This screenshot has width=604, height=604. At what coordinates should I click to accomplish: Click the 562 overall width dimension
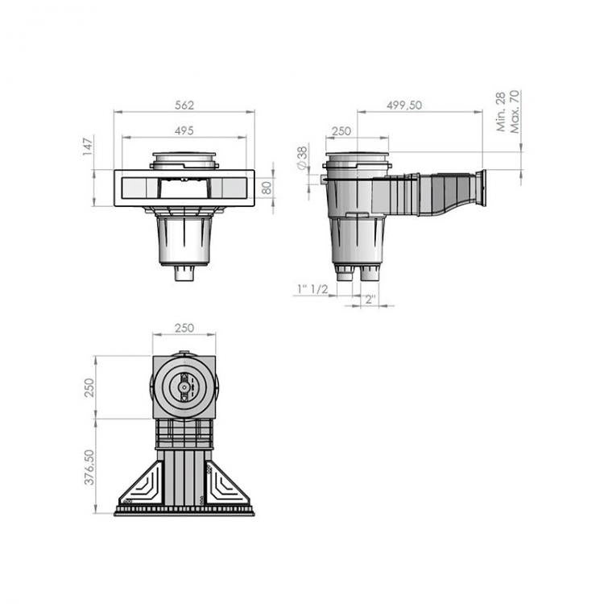(184, 105)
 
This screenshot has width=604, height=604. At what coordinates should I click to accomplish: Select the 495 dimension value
(184, 130)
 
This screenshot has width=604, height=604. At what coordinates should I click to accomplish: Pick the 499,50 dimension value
(403, 105)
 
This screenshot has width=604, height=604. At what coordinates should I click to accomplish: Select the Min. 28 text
(501, 112)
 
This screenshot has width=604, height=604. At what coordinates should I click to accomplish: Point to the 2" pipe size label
(370, 300)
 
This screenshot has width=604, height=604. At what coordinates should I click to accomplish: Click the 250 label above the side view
(341, 130)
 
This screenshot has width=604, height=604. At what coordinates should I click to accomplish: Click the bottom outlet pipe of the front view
(184, 274)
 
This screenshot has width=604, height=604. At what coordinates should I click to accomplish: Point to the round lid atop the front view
(184, 159)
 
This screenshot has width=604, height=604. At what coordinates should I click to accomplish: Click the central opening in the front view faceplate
(184, 189)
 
